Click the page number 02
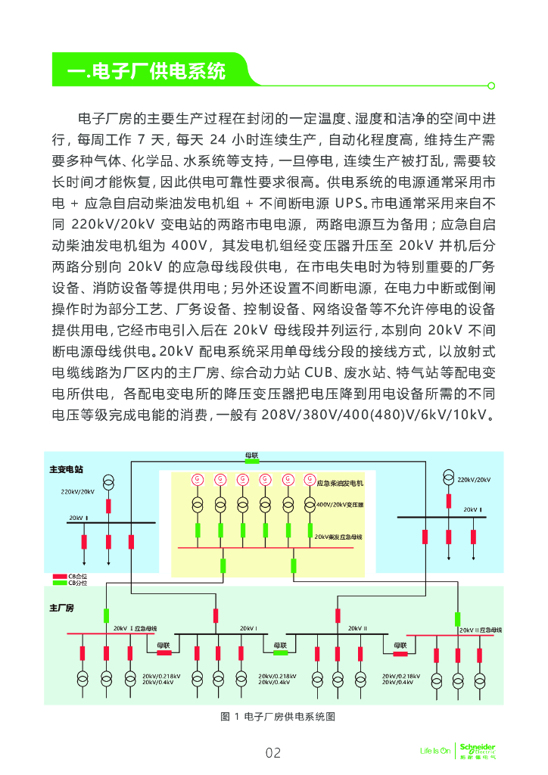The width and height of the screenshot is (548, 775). pos(273,752)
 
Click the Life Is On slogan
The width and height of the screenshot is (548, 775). pos(434,751)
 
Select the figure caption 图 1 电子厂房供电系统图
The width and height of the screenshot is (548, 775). pos(277,716)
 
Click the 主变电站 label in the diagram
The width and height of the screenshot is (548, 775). pos(66,469)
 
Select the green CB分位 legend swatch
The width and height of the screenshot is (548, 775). pos(59,584)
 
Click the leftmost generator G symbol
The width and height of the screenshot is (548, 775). pos(198,479)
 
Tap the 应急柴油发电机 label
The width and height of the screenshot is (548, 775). pos(340,483)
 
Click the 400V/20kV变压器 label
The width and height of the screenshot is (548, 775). pos(340,504)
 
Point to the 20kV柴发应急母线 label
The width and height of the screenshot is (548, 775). pos(338,536)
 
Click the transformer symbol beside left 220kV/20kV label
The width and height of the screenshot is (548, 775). pos(108,484)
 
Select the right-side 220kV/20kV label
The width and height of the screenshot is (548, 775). pos(474,479)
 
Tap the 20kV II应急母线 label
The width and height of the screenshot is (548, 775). pos(481,630)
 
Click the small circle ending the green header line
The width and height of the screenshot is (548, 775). pos(491,86)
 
